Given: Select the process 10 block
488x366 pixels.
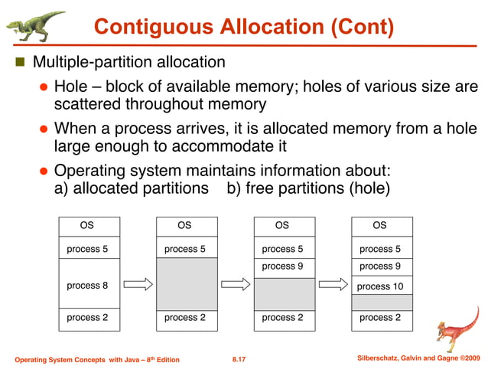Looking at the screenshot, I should pos(381,286).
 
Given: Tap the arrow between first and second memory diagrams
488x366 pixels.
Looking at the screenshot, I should pos(138,284).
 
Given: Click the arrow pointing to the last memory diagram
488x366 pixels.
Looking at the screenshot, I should pos(333,284).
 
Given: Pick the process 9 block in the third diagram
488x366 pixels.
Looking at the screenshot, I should pos(283,266).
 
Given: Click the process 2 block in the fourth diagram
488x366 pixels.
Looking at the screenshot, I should pos(381,318).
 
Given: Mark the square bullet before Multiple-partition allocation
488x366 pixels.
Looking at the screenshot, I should pos(20,61).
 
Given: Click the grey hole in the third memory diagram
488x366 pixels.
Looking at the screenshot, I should pos(283,292).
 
